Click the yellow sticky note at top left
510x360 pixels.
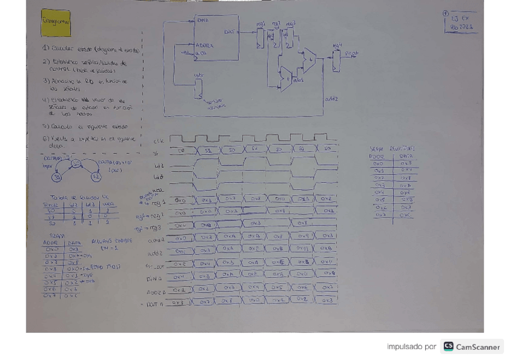55,23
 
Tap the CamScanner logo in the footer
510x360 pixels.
472,347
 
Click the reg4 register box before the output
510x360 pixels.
336,60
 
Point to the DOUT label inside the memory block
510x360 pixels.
229,31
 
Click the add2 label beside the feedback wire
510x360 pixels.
331,99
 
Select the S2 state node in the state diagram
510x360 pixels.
96,177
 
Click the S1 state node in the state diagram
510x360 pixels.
76,163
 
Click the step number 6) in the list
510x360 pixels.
45,139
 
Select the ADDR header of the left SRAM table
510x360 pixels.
50,243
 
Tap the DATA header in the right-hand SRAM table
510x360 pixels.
406,156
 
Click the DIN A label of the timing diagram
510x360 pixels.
155,278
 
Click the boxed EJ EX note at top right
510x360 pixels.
462,22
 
